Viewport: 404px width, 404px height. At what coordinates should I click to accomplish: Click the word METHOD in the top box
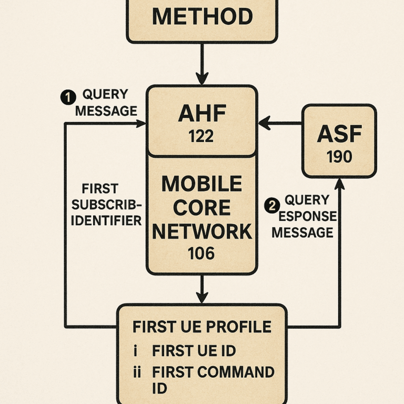202,17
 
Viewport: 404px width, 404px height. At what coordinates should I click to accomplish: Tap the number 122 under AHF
201,136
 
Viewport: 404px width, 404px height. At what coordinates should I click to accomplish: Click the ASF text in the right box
339,135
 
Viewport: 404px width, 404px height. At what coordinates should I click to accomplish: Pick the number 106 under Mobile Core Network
201,254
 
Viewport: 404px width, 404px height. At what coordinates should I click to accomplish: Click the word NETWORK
201,231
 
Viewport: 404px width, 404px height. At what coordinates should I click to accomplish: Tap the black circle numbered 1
68,97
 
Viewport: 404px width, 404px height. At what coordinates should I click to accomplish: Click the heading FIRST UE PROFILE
202,326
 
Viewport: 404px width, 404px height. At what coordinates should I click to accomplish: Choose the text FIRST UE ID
194,351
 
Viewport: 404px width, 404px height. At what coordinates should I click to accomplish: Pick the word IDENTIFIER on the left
106,220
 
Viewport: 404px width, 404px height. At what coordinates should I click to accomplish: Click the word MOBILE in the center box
201,184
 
